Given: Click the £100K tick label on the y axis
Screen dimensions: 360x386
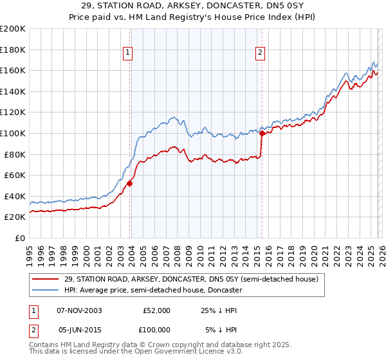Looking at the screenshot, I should [13, 133].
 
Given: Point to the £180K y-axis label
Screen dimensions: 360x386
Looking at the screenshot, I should [13, 50].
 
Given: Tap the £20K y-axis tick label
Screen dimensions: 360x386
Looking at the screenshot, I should [15, 217].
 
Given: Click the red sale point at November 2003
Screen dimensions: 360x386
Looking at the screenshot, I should [129, 183].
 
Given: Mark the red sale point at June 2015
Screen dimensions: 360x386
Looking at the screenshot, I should [262, 133].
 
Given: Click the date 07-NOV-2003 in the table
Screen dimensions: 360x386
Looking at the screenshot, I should [79, 310].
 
